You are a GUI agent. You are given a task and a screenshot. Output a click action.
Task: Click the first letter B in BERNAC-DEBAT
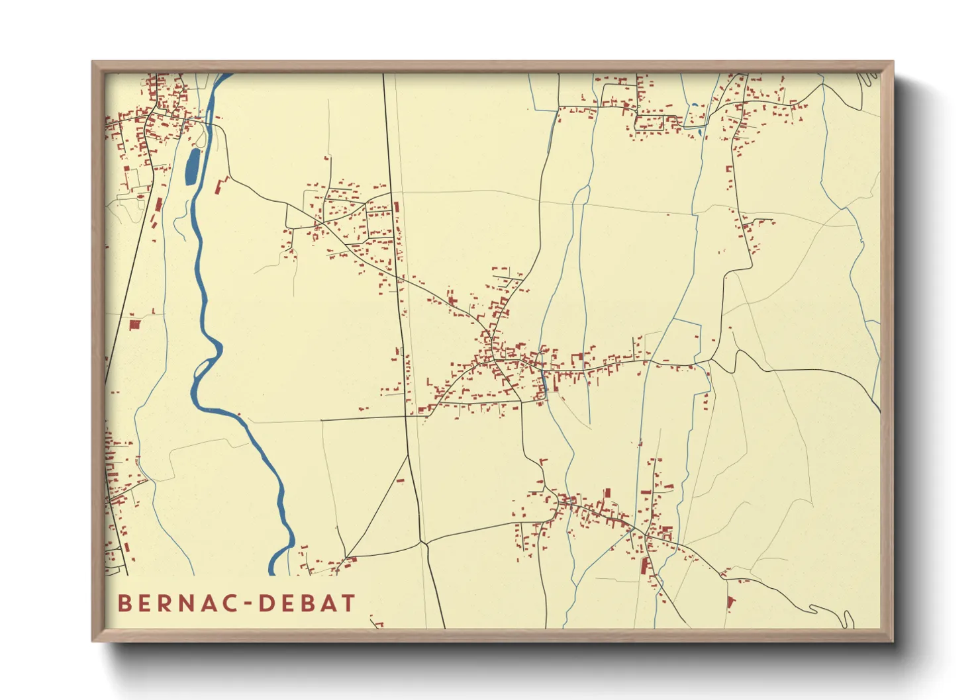(x=124, y=603)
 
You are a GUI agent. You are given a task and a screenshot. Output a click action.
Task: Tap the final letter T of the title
(x=348, y=603)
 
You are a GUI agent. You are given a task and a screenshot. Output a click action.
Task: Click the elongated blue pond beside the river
(x=191, y=167)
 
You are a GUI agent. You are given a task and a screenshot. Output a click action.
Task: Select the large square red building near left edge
(x=135, y=324)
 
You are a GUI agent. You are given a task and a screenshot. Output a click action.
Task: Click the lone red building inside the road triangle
(x=400, y=480)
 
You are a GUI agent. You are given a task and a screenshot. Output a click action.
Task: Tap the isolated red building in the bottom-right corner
(x=731, y=602)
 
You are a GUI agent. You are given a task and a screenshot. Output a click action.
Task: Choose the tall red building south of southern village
(x=643, y=566)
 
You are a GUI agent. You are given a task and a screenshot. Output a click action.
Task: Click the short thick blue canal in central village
(x=544, y=380)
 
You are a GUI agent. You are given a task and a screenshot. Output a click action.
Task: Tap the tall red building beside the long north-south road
(x=397, y=206)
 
